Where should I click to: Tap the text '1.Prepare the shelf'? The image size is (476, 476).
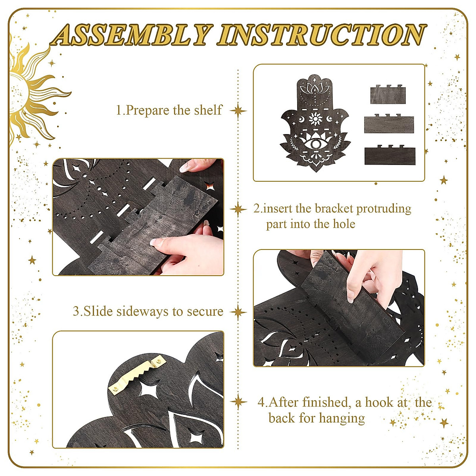pos(169,110)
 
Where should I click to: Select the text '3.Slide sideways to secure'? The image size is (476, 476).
pos(148,311)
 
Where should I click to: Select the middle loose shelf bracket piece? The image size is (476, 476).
pos(389,123)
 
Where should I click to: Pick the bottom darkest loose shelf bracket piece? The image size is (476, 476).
pos(390,154)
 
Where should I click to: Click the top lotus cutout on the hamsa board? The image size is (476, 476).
pos(315,89)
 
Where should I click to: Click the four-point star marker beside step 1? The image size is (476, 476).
pos(238,111)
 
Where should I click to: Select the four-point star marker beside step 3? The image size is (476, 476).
pos(238,312)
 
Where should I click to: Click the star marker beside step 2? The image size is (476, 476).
pos(238,209)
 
